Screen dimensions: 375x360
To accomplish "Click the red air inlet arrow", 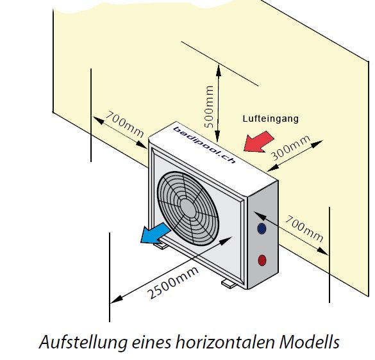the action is point(258,142).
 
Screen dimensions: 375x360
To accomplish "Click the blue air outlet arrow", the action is point(155,234).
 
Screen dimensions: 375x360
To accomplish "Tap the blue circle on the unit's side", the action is point(262,228).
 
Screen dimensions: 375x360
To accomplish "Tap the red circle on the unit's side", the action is point(262,260).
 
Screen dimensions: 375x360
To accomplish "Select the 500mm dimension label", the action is point(209,107).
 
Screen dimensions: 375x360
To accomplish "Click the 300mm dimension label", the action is point(290,148).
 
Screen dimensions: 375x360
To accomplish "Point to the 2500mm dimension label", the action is point(172,282).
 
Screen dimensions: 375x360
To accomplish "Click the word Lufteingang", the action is point(271,119).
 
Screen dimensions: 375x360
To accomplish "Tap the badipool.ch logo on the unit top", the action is point(204,145).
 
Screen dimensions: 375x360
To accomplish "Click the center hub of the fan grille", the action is point(188,208).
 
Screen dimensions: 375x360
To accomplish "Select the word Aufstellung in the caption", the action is point(83,342).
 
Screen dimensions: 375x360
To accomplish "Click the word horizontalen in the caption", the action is point(225,342).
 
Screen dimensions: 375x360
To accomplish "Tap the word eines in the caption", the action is point(151,343).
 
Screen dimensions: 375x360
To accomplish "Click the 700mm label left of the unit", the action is point(124,124).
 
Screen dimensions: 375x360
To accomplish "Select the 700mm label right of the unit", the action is point(304,228).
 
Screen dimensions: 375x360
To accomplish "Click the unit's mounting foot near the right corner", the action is point(229,284).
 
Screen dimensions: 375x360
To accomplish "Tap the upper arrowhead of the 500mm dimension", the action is point(219,70).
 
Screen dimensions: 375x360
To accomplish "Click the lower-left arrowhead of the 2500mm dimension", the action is point(117,299).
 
